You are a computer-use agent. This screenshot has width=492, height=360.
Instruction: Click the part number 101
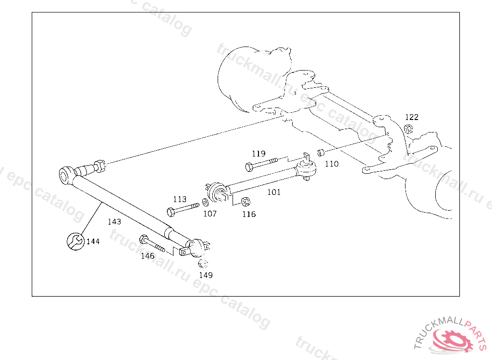pos(274,192)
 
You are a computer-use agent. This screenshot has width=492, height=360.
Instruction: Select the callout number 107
pos(210,214)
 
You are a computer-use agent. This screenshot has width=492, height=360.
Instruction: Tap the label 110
pos(332,164)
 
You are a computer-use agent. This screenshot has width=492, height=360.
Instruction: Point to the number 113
pos(180,199)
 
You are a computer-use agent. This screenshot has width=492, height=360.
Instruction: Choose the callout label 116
pos(249,214)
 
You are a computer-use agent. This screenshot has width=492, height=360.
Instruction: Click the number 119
pos(258,154)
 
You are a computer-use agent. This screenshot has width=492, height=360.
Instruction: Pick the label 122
pos(412,117)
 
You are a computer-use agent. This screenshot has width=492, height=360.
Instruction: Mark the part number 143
pos(114,222)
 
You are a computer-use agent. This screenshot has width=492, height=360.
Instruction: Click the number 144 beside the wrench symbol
pos(93,241)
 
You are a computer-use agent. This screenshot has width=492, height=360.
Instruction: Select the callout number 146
pos(148,256)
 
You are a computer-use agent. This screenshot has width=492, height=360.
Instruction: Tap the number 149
pos(206,275)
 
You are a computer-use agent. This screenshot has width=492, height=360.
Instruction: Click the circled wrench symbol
pos(74,241)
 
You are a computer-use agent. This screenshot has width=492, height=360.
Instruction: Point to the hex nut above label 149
pos(203,264)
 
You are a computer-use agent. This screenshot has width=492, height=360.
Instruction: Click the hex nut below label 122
pos(409,128)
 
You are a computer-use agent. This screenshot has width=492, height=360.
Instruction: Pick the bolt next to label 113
pos(183,209)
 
